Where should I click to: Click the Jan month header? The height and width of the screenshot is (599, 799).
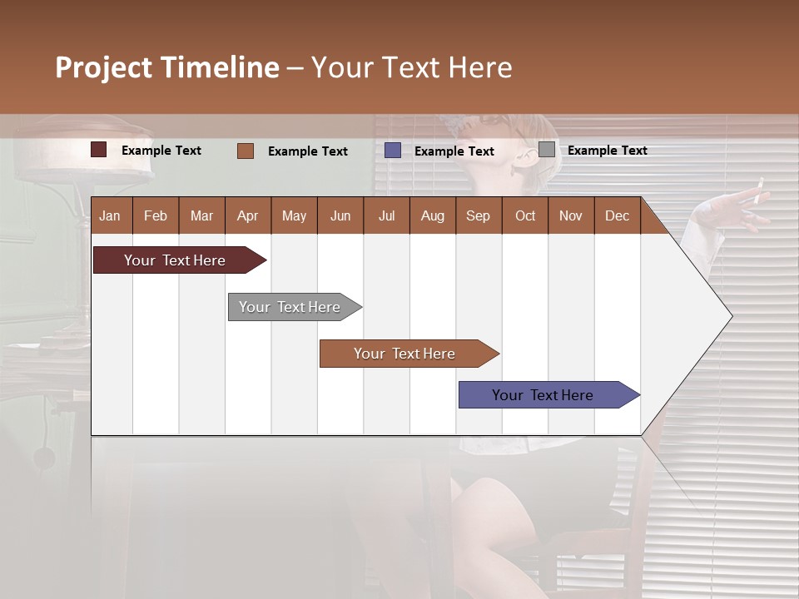pyautogui.click(x=110, y=216)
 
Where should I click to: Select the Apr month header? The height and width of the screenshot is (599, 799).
pyautogui.click(x=247, y=216)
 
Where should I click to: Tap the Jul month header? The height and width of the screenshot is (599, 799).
pyautogui.click(x=386, y=216)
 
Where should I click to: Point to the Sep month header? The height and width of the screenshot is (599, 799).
pyautogui.click(x=478, y=216)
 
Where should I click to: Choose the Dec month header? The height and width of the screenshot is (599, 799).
pyautogui.click(x=617, y=216)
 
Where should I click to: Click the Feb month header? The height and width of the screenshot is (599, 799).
pyautogui.click(x=156, y=216)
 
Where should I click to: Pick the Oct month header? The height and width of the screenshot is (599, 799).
pyautogui.click(x=525, y=216)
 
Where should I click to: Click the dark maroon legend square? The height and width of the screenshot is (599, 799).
pyautogui.click(x=99, y=150)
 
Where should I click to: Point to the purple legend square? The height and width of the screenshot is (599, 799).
pyautogui.click(x=393, y=150)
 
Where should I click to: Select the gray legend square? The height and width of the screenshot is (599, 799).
pyautogui.click(x=547, y=150)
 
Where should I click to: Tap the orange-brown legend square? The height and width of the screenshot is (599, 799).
pyautogui.click(x=246, y=151)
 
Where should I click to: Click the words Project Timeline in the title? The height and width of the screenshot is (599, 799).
pyautogui.click(x=167, y=67)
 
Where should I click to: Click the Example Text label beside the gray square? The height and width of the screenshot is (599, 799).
pyautogui.click(x=607, y=151)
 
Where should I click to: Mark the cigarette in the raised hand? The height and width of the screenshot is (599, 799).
pyautogui.click(x=757, y=192)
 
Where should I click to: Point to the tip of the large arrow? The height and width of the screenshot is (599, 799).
pyautogui.click(x=731, y=316)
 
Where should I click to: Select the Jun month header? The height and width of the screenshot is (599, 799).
pyautogui.click(x=340, y=216)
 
